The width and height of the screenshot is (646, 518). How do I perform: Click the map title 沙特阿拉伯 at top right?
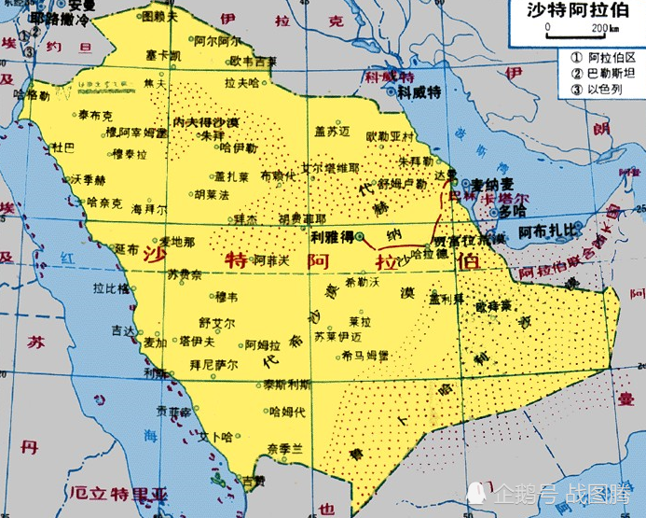(578, 10)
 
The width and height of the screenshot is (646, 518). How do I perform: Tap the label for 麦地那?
(177, 242)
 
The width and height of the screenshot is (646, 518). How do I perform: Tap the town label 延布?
(127, 249)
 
